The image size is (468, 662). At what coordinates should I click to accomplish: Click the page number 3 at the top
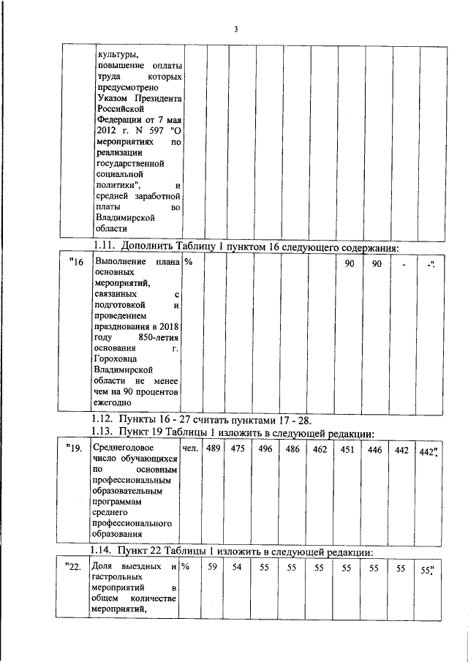(x=235, y=29)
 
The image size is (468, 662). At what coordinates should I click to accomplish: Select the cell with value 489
(x=213, y=448)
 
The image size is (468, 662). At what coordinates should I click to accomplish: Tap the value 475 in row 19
(x=237, y=448)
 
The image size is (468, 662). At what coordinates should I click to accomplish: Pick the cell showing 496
(x=264, y=448)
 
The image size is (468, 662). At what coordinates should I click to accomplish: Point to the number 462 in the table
(x=320, y=448)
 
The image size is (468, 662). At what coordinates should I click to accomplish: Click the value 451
(x=347, y=448)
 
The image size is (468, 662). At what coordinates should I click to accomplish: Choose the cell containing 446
(x=374, y=448)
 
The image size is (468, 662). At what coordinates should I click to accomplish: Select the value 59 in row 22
(x=213, y=568)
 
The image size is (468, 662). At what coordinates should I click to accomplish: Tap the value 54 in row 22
(x=237, y=568)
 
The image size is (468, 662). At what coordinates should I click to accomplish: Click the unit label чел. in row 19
(x=189, y=448)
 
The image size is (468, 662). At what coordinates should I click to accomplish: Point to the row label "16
(x=77, y=263)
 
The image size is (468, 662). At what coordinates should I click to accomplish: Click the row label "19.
(x=73, y=448)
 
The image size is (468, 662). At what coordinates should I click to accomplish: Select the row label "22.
(x=73, y=568)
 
